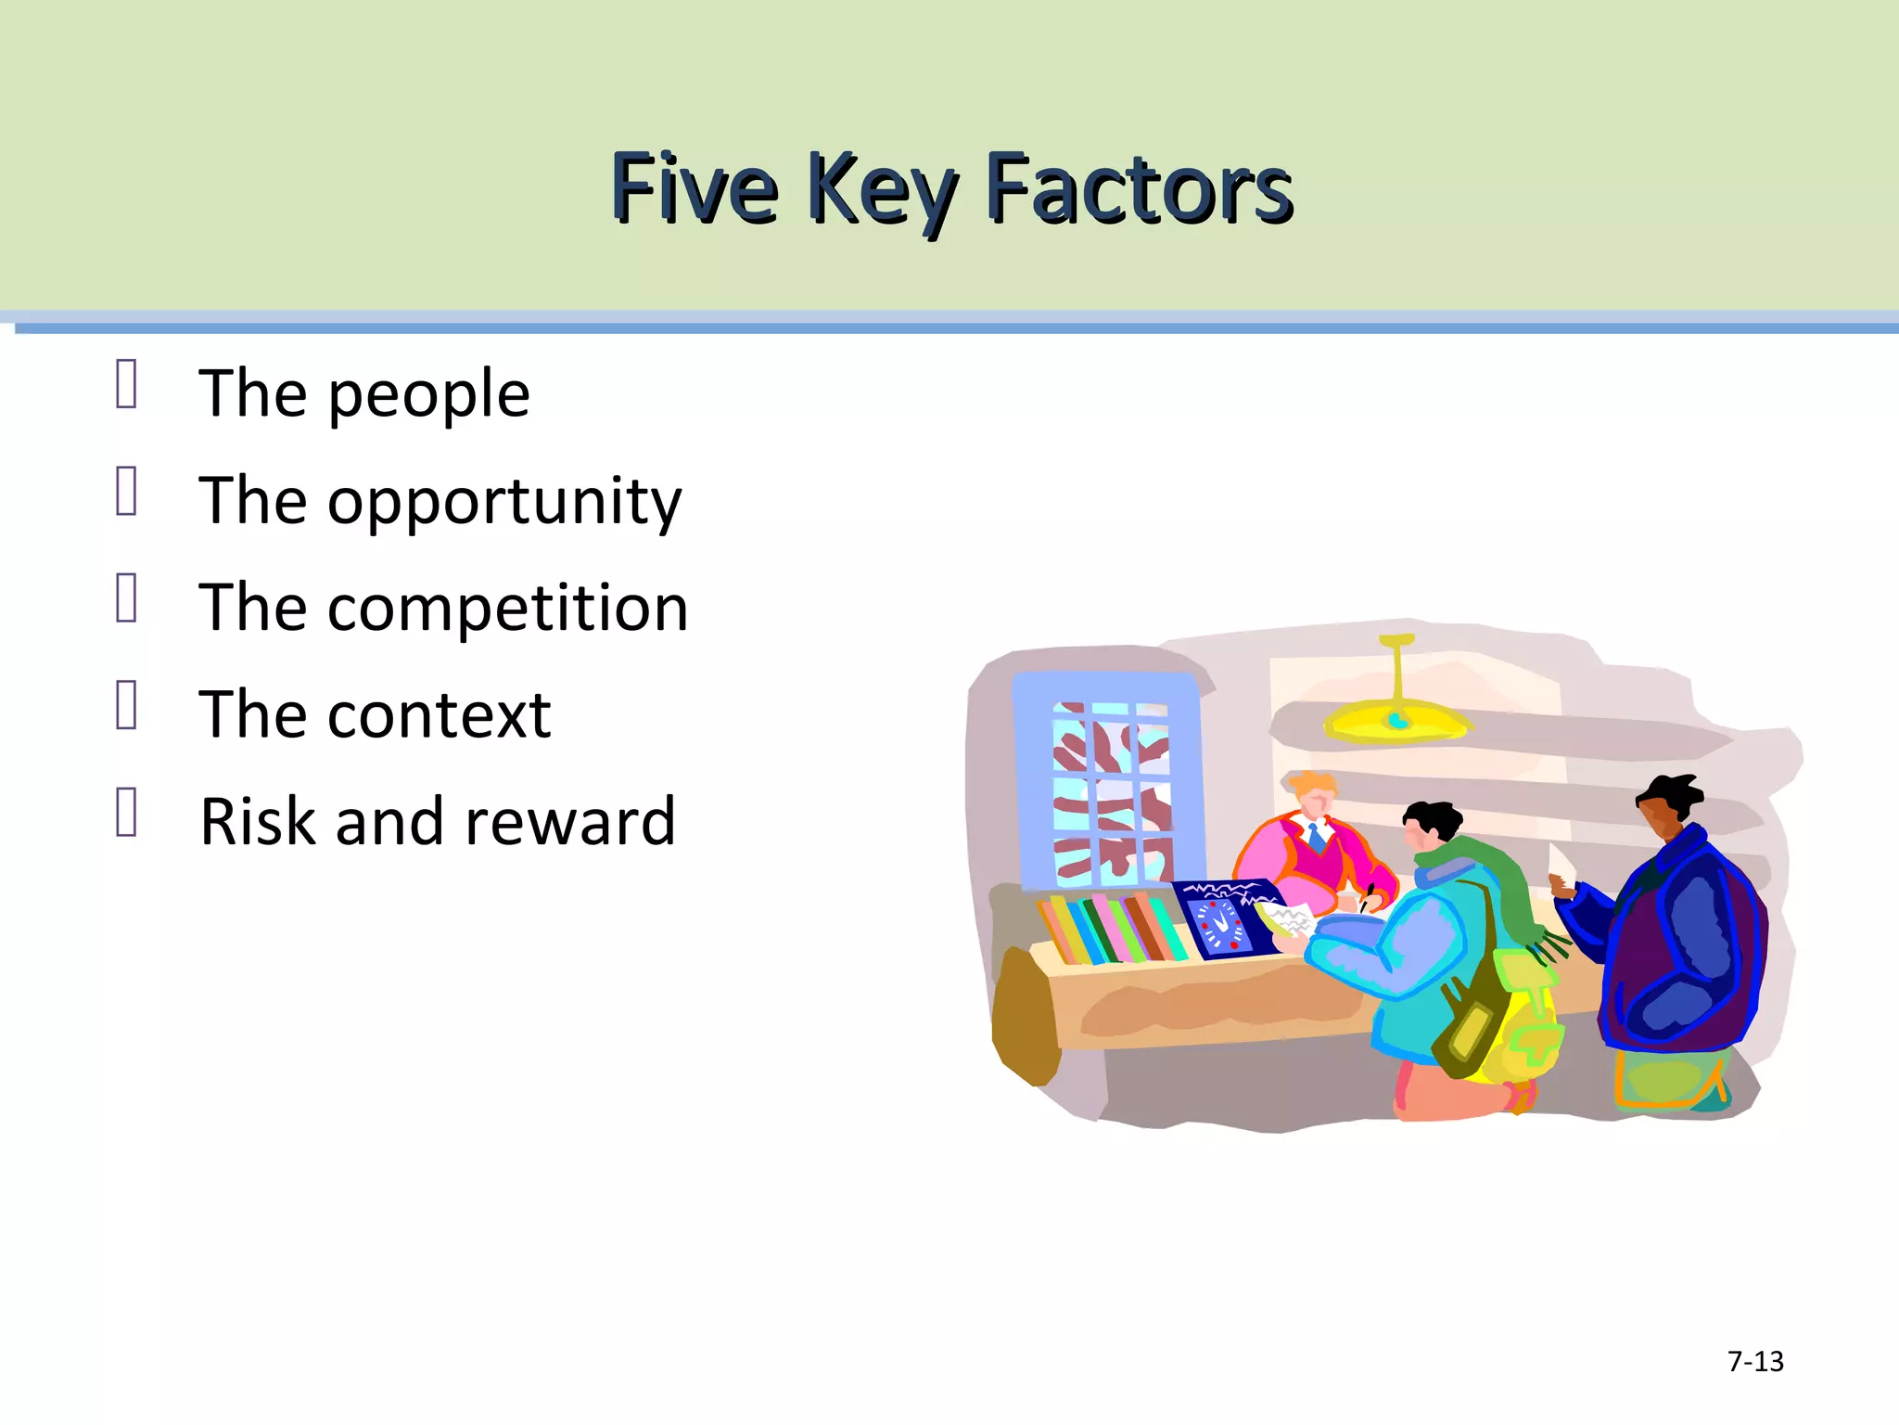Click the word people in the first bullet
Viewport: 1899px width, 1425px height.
pyautogui.click(x=428, y=395)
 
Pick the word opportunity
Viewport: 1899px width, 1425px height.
pyautogui.click(x=504, y=502)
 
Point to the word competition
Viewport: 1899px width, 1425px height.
pyautogui.click(x=507, y=608)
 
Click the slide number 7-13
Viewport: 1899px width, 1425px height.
pyautogui.click(x=1755, y=1361)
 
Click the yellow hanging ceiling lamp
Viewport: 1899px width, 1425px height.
pyautogui.click(x=1396, y=714)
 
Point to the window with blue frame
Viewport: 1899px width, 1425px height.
pyautogui.click(x=1110, y=784)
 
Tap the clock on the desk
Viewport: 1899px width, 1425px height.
pyautogui.click(x=1218, y=923)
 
